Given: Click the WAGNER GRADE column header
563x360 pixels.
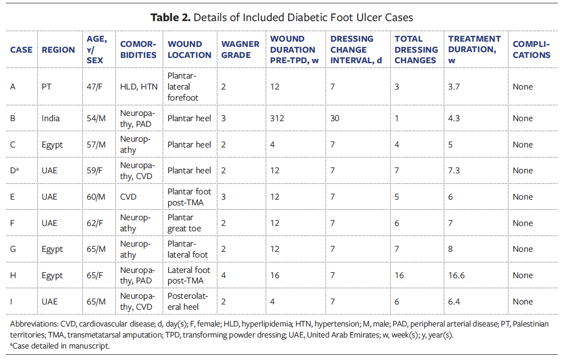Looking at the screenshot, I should tap(240, 49).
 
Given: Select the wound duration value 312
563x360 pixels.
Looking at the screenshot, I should tap(277, 118).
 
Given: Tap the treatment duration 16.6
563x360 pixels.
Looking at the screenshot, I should tap(456, 275).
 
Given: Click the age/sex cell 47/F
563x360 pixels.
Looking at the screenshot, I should tap(96, 87).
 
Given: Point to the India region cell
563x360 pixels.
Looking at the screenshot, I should tap(51, 118).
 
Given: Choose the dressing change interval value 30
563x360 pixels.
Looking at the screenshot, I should tap(335, 118).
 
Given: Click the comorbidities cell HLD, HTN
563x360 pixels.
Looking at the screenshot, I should tap(138, 87).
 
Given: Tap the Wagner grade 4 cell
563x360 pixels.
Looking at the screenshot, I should tap(224, 275).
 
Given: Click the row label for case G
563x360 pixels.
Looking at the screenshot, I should tap(13, 249).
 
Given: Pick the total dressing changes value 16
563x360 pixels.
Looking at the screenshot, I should tap(399, 275).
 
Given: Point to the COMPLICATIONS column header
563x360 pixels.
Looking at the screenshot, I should tap(531, 49).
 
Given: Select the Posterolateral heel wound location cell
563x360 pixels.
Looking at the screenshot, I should tap(188, 302).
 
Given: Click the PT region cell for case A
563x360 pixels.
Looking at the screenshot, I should tap(47, 87).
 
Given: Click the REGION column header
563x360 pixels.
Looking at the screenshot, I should tap(58, 50).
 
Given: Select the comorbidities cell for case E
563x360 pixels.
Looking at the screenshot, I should tap(129, 197).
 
